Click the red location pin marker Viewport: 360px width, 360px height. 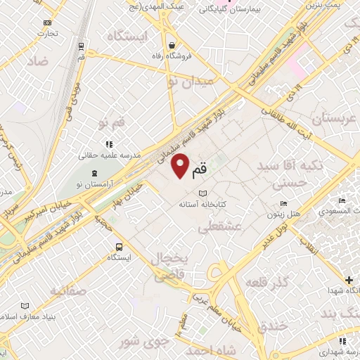181,165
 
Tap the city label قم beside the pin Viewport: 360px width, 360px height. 200,168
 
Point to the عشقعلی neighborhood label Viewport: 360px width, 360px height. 219,227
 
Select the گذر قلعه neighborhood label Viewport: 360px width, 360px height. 268,282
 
